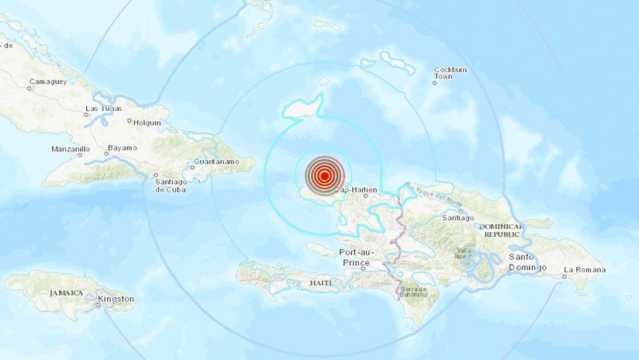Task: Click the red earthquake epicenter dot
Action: click(x=323, y=176)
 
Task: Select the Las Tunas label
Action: click(x=103, y=108)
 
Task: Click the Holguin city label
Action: click(x=147, y=123)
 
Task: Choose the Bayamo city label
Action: click(x=122, y=147)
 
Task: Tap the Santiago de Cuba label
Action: click(x=170, y=185)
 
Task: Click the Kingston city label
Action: click(x=116, y=299)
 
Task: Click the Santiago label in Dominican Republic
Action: click(x=458, y=218)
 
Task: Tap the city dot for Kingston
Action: click(x=98, y=305)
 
